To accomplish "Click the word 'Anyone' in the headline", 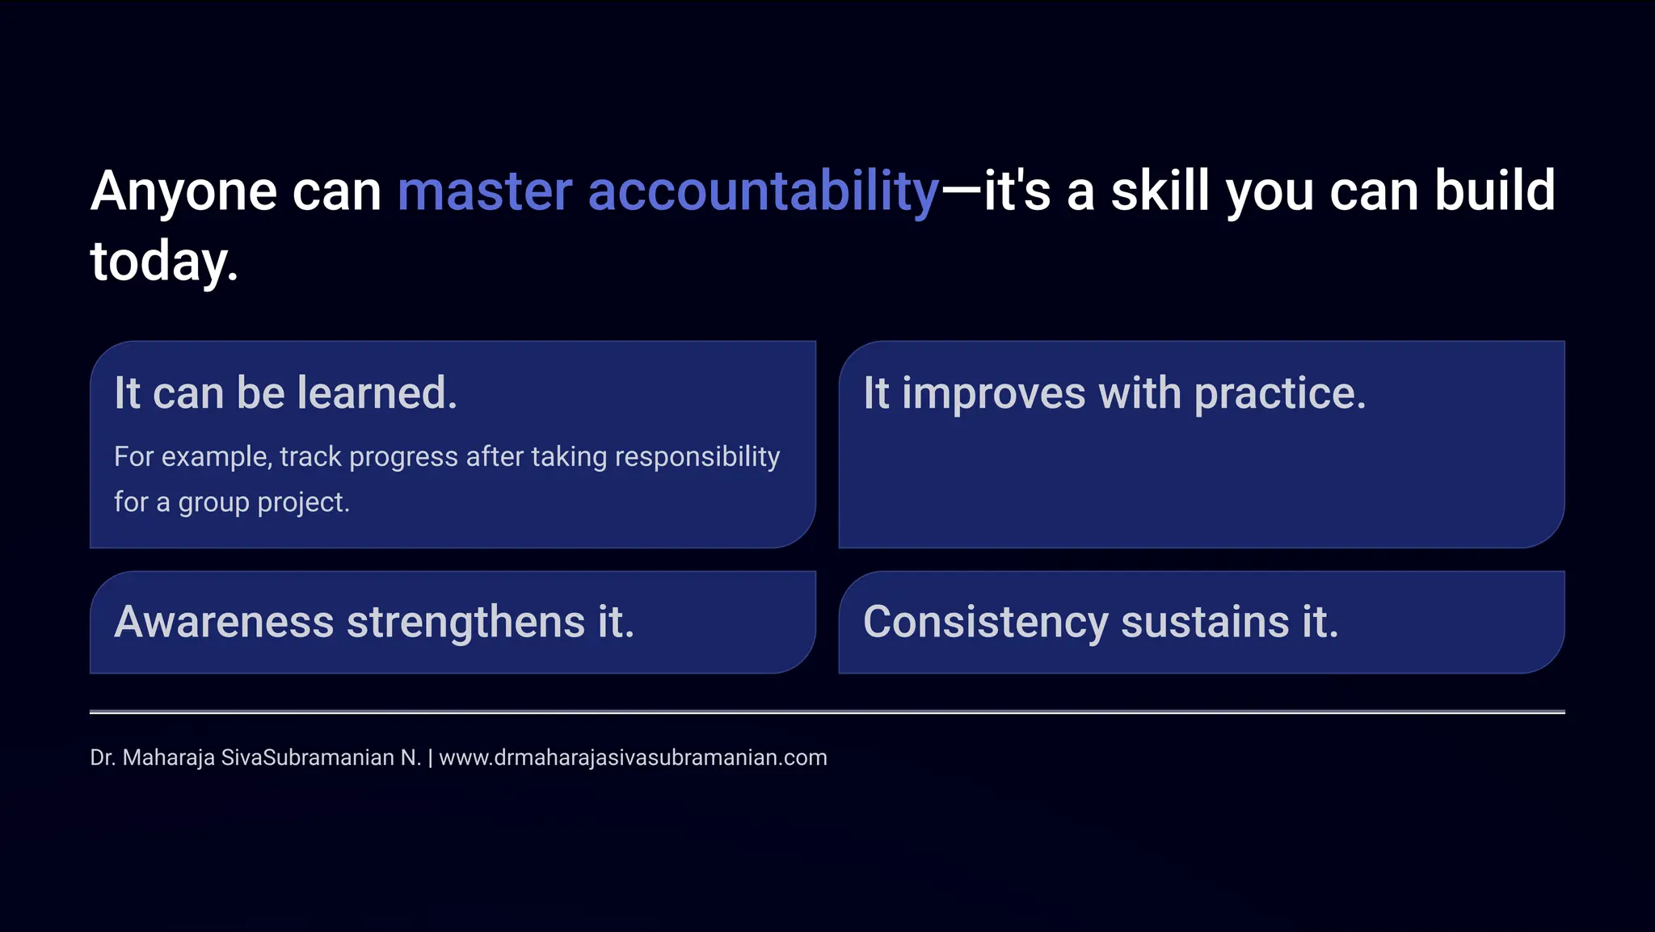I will coord(184,192).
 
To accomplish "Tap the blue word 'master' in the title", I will coord(485,192).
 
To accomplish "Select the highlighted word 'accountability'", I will coord(764,192).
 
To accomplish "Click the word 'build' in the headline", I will coord(1494,192).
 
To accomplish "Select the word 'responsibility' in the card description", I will coord(697,457).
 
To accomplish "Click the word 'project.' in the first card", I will coord(303,502).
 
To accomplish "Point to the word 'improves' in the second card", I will coord(993,394).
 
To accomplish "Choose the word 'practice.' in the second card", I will coord(1280,394).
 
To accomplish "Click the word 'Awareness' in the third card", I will coord(224,622).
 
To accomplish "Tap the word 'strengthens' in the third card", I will coord(465,622).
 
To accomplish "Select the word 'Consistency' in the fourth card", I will coord(985,622).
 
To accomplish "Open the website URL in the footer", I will coord(633,758).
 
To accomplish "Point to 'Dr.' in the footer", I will coord(103,758).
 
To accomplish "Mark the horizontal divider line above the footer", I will coord(827,712).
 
